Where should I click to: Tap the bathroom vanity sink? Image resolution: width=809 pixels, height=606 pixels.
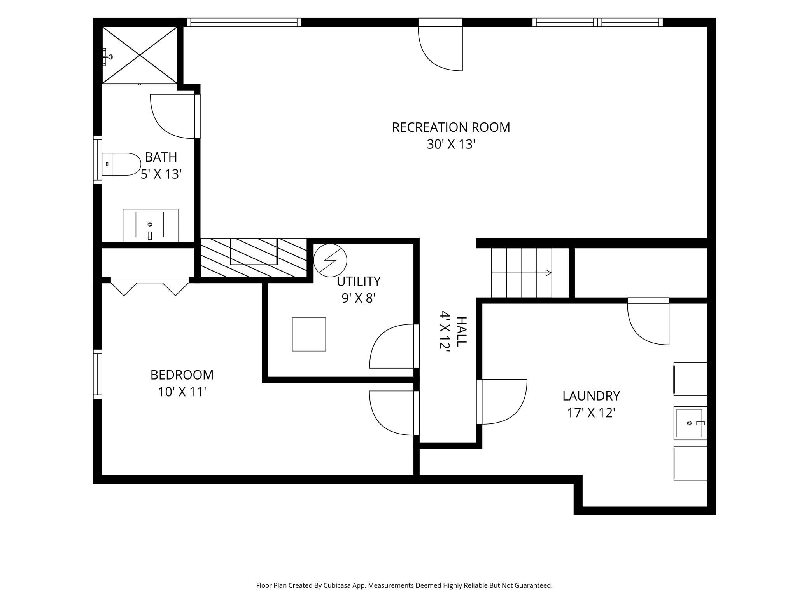pos(150,225)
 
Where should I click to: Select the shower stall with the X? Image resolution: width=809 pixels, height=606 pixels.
pos(140,55)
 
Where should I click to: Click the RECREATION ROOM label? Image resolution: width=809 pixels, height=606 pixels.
pos(451,127)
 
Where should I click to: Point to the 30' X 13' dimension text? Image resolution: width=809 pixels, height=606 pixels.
pos(451,145)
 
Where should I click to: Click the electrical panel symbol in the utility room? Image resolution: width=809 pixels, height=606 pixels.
pos(330,260)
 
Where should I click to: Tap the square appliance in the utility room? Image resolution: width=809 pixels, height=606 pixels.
pos(309,334)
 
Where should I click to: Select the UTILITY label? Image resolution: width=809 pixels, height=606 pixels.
pos(359,281)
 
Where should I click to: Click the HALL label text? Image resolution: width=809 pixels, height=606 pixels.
pos(461,331)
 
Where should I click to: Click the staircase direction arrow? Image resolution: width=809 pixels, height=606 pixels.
pos(522,273)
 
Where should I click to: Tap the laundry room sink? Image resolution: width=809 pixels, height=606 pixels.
pos(690,423)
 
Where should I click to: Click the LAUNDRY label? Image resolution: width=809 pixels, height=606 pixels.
pos(591,396)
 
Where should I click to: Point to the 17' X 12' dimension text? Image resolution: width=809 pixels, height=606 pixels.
pos(591,413)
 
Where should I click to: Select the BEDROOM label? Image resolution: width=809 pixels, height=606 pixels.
pos(182,375)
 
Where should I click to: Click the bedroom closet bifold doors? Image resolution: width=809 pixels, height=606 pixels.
pos(150,286)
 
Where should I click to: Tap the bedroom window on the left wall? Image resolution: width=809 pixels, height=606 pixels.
pos(97,374)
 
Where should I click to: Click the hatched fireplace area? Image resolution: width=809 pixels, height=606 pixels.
pos(254,258)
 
